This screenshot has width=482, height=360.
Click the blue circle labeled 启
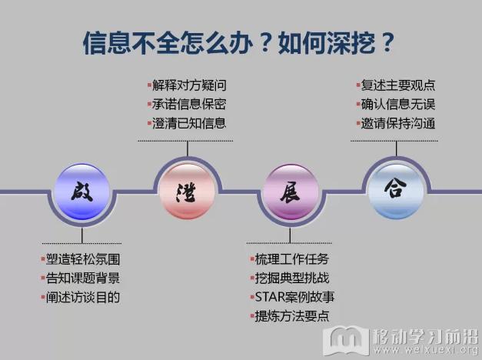81,192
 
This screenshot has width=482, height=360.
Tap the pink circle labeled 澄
188,192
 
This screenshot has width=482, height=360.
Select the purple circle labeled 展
290,192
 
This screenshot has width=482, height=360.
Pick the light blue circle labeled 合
396,192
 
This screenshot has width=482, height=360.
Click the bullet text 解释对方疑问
189,85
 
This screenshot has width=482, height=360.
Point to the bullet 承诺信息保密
189,105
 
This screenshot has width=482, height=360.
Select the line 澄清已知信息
189,123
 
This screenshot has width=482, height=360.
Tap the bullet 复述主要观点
398,85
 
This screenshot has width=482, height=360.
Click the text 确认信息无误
398,105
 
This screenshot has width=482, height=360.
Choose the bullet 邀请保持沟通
398,123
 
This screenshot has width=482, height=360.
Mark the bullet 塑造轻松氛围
83,259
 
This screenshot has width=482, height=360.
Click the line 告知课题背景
83,278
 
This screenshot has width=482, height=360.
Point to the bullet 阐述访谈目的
83,297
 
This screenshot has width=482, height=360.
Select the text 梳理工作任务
292,259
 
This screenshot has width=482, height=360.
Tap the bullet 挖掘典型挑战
292,278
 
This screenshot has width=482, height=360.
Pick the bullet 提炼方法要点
292,316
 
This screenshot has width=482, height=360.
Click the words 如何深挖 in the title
327,43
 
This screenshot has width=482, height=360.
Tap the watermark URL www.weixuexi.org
426,349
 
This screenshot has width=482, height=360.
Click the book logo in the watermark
346,341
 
